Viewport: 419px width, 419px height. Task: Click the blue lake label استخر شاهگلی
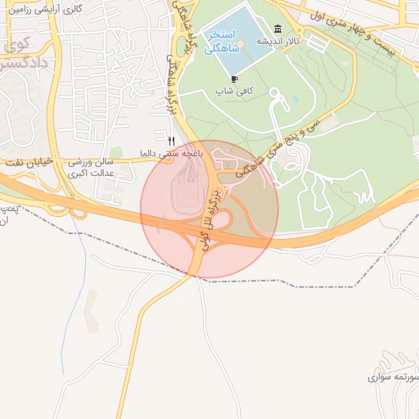click(223, 41)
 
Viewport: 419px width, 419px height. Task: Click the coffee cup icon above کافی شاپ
click(235, 79)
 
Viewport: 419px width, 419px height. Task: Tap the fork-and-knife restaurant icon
click(171, 140)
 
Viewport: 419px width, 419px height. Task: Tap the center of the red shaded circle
click(209, 209)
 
